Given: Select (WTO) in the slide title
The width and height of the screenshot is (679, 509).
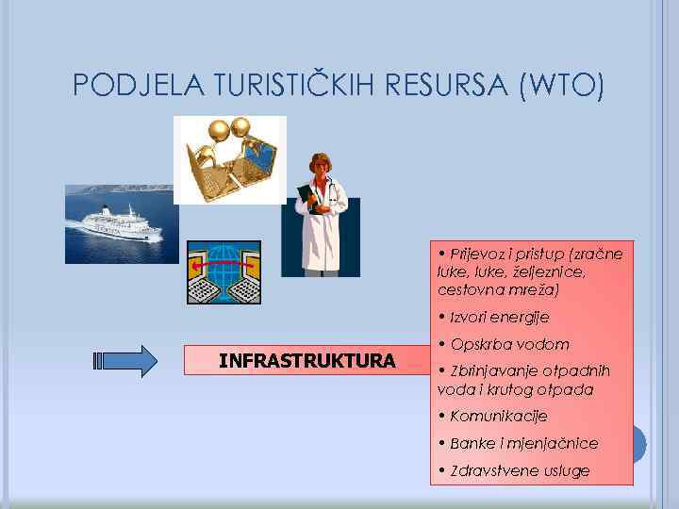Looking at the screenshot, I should pyautogui.click(x=561, y=86).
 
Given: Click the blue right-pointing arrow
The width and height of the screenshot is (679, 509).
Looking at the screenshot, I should pyautogui.click(x=126, y=361).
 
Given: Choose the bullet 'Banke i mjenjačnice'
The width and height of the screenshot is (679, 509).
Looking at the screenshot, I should pyautogui.click(x=523, y=443).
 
